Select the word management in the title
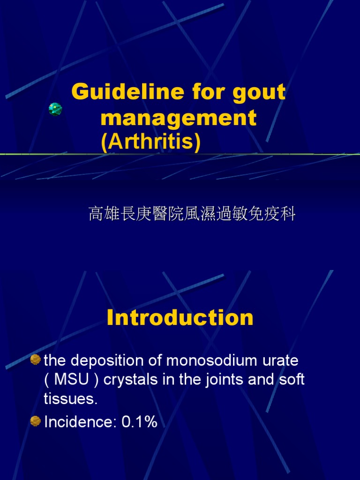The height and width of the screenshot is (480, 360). (x=179, y=118)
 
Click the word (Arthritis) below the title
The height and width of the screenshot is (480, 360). (x=150, y=142)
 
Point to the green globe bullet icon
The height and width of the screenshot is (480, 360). (x=55, y=109)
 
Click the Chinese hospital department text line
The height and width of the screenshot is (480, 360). (x=192, y=214)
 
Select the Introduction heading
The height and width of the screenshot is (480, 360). (x=180, y=318)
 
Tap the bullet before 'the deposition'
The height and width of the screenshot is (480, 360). (x=36, y=360)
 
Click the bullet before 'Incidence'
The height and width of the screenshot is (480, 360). (x=36, y=421)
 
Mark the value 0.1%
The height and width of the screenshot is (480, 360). (x=140, y=422)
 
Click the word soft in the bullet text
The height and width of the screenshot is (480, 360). (x=292, y=379)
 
